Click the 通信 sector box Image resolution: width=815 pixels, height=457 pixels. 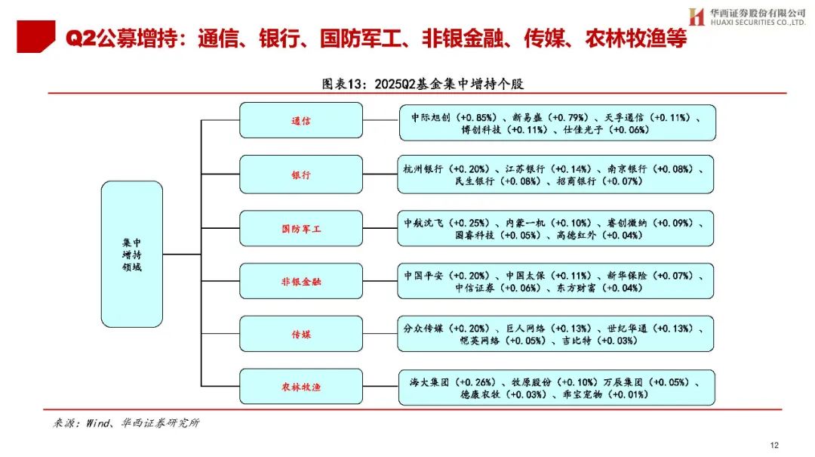[x=301, y=121]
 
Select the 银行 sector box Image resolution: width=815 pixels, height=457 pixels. [x=301, y=174]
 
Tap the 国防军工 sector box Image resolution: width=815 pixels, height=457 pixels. [x=301, y=228]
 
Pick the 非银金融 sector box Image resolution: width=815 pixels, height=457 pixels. [x=301, y=281]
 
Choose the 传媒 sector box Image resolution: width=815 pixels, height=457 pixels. [x=301, y=333]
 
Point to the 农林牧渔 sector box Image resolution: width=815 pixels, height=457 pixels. [x=301, y=387]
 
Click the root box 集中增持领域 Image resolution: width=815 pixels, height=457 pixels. [x=132, y=255]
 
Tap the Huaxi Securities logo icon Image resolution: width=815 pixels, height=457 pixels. [x=696, y=17]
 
